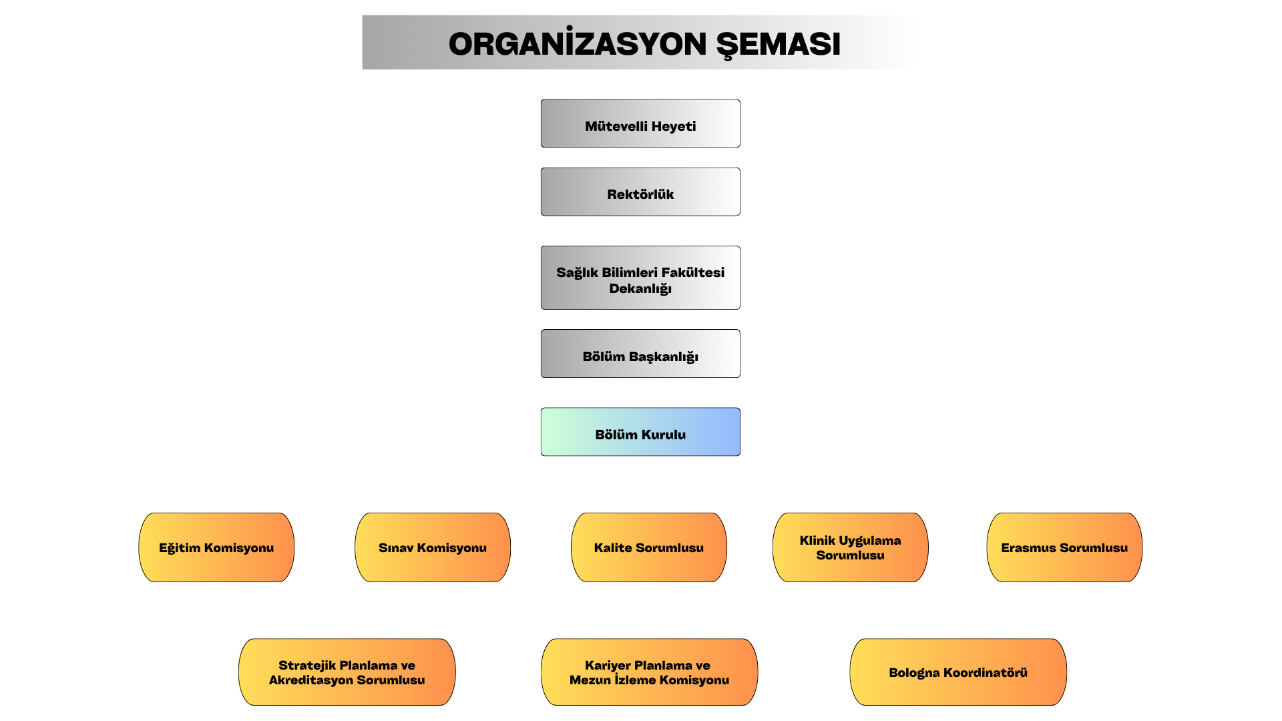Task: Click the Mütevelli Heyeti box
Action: pyautogui.click(x=640, y=124)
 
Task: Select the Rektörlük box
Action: pyautogui.click(x=640, y=192)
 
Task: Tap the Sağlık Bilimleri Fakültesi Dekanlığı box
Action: pyautogui.click(x=640, y=278)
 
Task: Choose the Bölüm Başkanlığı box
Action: pyautogui.click(x=640, y=353)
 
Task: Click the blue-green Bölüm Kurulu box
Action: pyautogui.click(x=640, y=432)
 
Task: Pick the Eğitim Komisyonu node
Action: pyautogui.click(x=216, y=547)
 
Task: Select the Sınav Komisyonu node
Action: pyautogui.click(x=433, y=547)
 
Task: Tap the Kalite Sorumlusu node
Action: pyautogui.click(x=649, y=547)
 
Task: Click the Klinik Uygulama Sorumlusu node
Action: pyautogui.click(x=851, y=547)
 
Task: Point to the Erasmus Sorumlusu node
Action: pyautogui.click(x=1064, y=547)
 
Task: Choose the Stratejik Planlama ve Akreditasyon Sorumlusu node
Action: pyautogui.click(x=347, y=672)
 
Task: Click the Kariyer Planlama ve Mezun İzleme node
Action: pyautogui.click(x=650, y=672)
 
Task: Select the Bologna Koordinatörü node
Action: pyautogui.click(x=958, y=672)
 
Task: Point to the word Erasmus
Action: pyautogui.click(x=1028, y=547)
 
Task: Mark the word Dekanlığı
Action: pyautogui.click(x=640, y=289)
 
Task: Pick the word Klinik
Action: pyautogui.click(x=817, y=540)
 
